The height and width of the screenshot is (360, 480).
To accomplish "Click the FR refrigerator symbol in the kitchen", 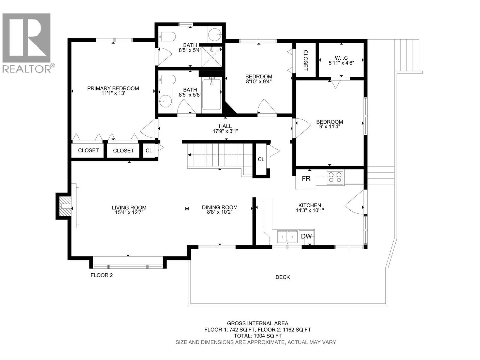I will pyautogui.click(x=306, y=179).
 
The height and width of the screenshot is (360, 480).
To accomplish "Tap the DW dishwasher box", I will pyautogui.click(x=306, y=236).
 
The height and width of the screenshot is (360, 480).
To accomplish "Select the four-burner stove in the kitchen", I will pyautogui.click(x=335, y=177).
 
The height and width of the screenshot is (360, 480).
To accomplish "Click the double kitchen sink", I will pyautogui.click(x=287, y=237).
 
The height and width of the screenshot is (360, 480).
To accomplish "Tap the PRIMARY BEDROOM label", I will pyautogui.click(x=113, y=88).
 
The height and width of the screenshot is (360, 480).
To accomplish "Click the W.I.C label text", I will pyautogui.click(x=341, y=58).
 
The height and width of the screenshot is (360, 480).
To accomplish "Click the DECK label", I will pyautogui.click(x=283, y=277).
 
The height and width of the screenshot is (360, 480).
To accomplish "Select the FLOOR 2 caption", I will pyautogui.click(x=102, y=275).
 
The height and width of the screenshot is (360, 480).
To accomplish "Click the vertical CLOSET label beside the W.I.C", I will pyautogui.click(x=305, y=60).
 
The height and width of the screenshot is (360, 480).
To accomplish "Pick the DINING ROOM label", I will pyautogui.click(x=220, y=207).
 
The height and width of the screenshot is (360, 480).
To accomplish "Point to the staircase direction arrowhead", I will pyautogui.click(x=189, y=155).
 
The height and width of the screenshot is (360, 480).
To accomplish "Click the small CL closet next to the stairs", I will pyautogui.click(x=261, y=159).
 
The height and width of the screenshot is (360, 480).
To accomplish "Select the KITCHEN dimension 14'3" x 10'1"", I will pyautogui.click(x=310, y=210).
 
